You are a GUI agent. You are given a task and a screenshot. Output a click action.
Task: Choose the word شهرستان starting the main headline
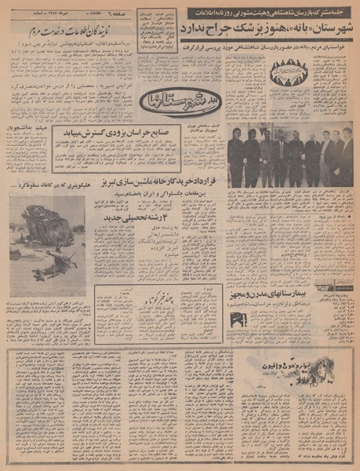point(334,26)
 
